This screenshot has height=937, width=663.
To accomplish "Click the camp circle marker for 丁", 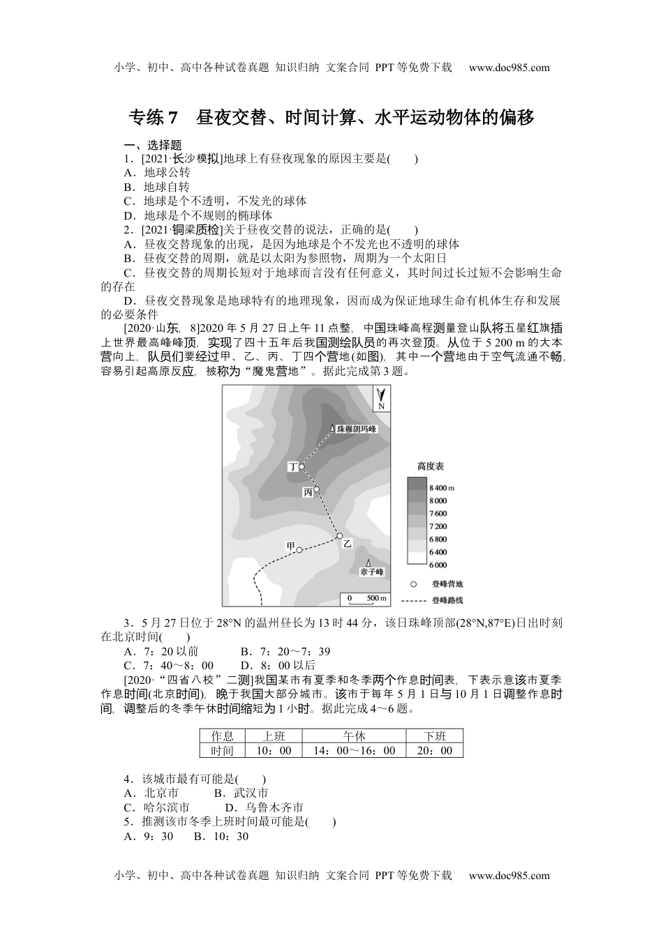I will coord(301,467).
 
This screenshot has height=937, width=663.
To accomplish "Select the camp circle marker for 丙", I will coord(317,489).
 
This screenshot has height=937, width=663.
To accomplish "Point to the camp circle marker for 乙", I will coord(339,536).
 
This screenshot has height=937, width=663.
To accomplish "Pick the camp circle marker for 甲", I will coord(299,550).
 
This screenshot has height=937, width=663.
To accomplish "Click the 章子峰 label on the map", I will coord(372,572).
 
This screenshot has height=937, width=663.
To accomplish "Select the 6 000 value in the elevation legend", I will coord(438,565).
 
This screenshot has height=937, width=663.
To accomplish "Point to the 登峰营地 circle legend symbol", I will coord(414,584).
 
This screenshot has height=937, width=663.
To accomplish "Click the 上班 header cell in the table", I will coord(274,736).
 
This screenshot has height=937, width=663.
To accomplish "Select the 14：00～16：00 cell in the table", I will coord(355,751).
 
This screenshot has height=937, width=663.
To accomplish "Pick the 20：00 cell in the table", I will coord(435,751).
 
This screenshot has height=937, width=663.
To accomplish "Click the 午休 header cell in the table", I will coord(355,736).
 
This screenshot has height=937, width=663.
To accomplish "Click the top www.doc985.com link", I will coord(509,68).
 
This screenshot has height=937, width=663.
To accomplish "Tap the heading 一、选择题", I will coord(153,145).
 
